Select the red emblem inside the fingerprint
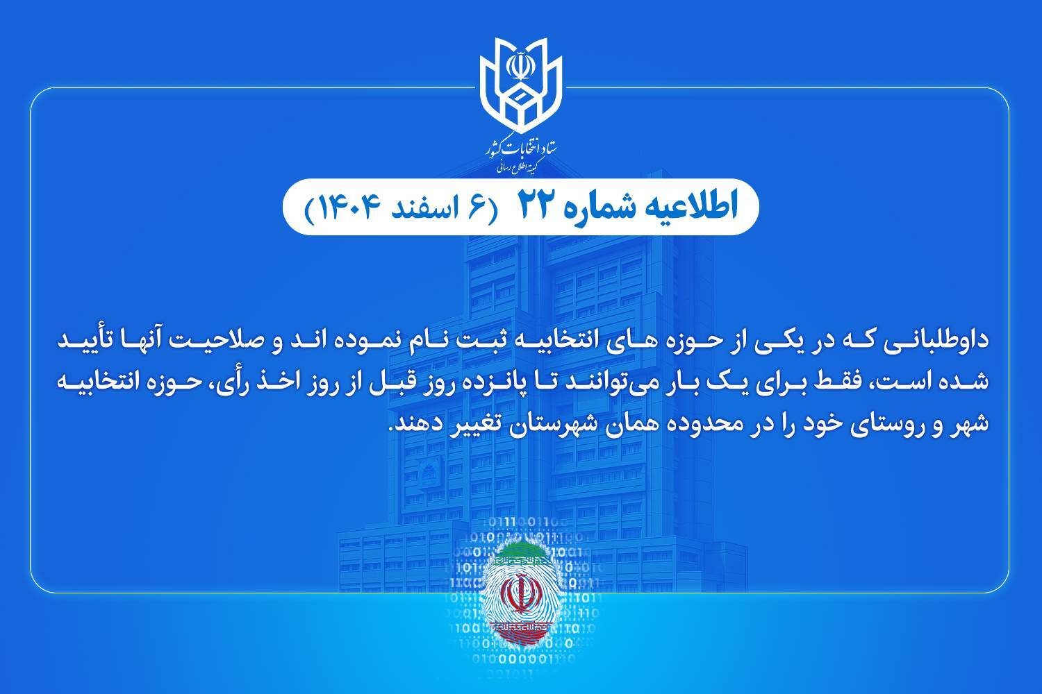pyautogui.click(x=521, y=591)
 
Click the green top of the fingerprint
pyautogui.click(x=521, y=551)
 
